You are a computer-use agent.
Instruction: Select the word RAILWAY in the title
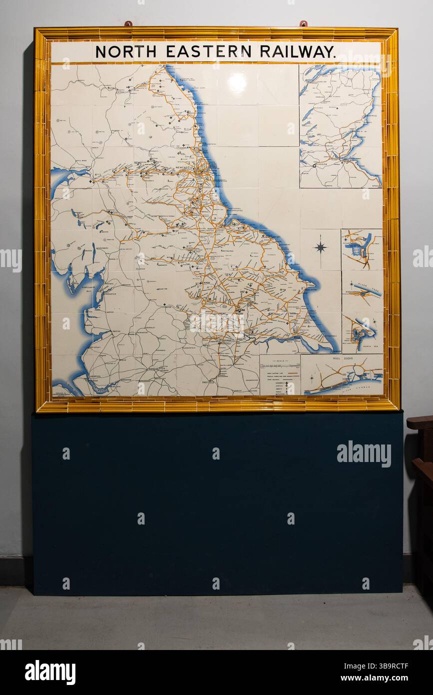[x=297, y=51]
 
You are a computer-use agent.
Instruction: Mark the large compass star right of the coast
[x=320, y=246]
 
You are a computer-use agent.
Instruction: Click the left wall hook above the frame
[x=128, y=23]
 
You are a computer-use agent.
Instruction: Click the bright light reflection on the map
[x=237, y=83]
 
